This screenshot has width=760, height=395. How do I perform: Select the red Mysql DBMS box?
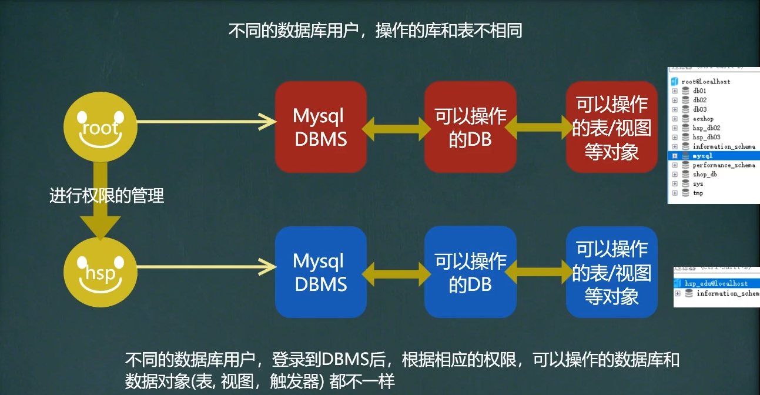320,127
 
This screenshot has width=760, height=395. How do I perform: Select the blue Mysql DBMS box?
320,272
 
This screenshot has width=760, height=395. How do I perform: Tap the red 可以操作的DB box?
470,127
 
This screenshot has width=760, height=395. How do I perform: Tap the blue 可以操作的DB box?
470,272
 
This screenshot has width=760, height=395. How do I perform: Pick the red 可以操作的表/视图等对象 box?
611,127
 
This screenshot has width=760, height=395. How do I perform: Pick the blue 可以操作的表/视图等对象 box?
611,272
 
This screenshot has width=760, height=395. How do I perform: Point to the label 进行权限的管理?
106,196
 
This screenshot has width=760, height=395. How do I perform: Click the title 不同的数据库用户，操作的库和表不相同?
375,31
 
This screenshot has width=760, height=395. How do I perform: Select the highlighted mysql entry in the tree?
702,156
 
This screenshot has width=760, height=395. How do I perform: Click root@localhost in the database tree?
705,82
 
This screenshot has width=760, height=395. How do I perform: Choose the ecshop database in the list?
703,119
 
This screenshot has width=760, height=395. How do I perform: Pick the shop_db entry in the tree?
704,175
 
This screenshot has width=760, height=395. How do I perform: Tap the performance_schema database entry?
723,165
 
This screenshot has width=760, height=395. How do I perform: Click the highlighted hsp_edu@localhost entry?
716,283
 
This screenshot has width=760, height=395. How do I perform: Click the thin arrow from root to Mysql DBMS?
206,122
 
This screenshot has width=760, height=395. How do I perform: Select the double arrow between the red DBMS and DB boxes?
396,128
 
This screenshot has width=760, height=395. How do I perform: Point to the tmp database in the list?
698,193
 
